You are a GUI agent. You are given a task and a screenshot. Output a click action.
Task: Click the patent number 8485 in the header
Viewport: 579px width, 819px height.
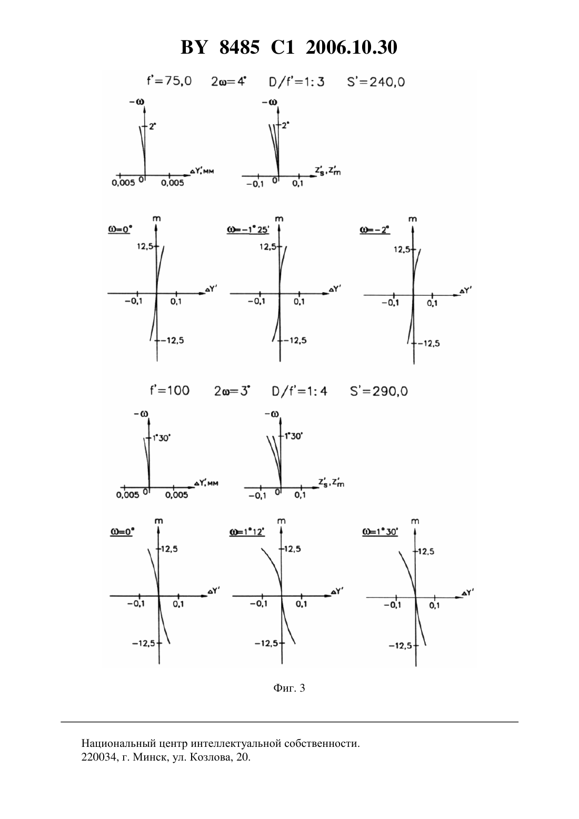(x=239, y=47)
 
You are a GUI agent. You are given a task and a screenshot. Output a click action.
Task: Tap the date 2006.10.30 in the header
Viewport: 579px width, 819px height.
(x=351, y=47)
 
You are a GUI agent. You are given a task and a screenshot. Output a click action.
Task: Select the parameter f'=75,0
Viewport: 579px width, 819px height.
(x=169, y=81)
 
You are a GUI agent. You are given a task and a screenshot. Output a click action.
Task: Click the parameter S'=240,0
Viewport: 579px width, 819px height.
(x=376, y=81)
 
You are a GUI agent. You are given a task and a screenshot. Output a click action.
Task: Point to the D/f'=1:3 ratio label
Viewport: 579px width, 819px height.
(x=296, y=82)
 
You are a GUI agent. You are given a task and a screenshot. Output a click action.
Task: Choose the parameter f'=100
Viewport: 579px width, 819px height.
(x=169, y=391)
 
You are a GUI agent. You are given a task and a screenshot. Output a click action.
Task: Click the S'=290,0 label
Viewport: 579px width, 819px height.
(x=379, y=391)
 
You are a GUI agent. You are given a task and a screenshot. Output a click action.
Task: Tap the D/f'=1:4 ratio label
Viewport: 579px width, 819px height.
(x=300, y=392)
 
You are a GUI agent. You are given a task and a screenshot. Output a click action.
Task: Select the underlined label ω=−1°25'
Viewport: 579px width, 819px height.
(x=248, y=230)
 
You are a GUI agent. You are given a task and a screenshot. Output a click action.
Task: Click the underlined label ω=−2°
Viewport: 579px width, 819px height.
(x=375, y=230)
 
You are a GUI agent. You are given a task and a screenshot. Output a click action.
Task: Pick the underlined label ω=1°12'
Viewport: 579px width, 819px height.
(x=247, y=532)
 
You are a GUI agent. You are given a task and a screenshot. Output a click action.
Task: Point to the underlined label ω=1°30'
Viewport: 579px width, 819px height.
(x=380, y=532)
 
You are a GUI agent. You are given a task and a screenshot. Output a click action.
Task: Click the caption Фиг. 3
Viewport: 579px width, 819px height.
(x=289, y=688)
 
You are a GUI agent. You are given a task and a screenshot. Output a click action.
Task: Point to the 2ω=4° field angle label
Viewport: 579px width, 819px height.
(x=229, y=81)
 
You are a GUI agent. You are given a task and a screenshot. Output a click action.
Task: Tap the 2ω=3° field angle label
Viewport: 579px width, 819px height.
(x=232, y=391)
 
